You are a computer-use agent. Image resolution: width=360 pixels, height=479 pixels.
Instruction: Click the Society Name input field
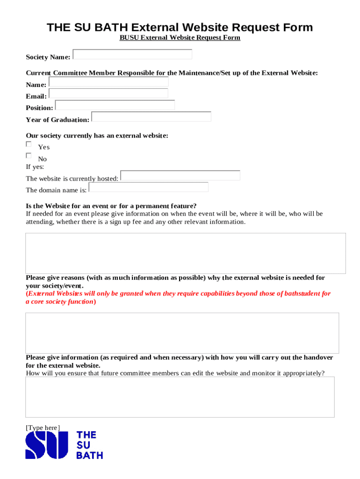pos(132,54)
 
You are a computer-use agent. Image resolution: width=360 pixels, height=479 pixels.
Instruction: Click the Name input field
pos(108,82)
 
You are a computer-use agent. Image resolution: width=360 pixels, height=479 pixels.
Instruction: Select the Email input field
pos(108,94)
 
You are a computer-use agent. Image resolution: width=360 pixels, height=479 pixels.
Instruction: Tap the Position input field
pos(115,105)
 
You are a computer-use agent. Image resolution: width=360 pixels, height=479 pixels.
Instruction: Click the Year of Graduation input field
pos(151,116)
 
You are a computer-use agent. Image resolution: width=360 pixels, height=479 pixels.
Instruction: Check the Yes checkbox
pos(29,145)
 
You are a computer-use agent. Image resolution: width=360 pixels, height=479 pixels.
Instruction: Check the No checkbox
pos(29,156)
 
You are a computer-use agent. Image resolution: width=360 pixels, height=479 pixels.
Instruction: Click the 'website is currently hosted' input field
pos(180,175)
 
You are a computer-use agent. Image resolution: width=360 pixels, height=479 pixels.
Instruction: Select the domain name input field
pos(148,187)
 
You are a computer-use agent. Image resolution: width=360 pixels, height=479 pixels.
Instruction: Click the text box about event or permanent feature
pos(186,253)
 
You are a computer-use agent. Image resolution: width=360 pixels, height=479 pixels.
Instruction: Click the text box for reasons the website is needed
pos(182,333)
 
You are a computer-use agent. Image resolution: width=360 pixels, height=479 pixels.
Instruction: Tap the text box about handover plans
pos(180,397)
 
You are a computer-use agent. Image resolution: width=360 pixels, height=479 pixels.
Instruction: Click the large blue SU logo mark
pos(47,445)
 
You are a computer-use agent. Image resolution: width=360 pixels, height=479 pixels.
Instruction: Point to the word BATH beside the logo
pos(89,455)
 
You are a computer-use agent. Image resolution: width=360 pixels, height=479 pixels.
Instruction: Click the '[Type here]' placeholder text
pos(43,428)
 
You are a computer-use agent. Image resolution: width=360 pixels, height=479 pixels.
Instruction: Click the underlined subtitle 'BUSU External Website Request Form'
pos(180,37)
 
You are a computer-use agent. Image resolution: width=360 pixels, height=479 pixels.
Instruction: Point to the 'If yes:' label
pos(35,167)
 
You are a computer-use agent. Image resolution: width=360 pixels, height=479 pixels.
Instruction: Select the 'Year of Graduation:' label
pos(58,120)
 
